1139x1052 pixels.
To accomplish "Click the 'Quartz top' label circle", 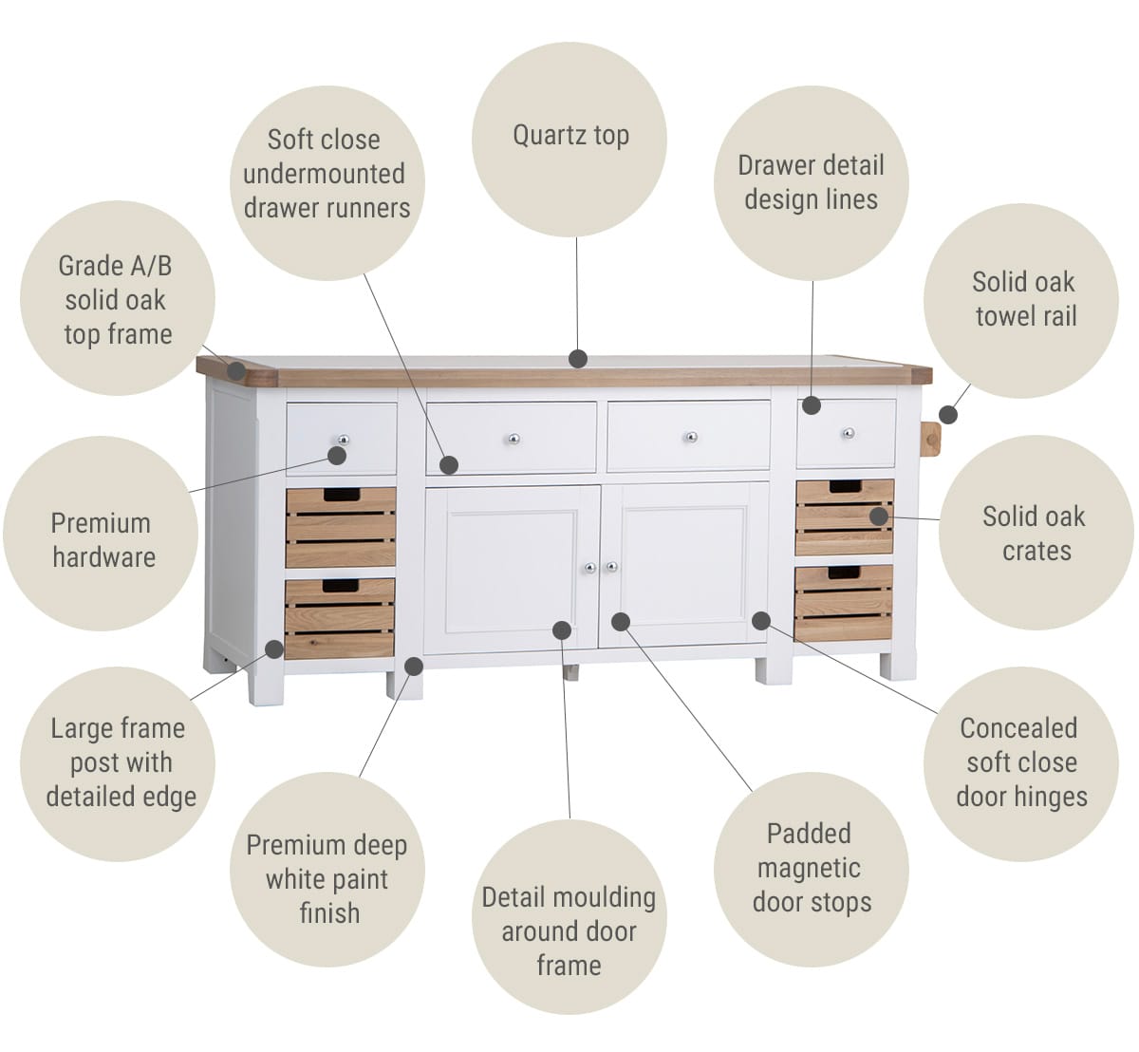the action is pos(569,140).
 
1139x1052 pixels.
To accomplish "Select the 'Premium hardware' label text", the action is pos(103,540).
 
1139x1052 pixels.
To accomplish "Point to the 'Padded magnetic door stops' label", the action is pos(811,869).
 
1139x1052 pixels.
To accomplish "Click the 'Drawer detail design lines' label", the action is pos(811,183).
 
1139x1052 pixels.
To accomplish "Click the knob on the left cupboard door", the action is pos(590,568).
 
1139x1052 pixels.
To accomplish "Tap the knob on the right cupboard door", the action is pos(612,567).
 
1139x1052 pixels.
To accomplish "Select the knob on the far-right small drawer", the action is pos(849,433).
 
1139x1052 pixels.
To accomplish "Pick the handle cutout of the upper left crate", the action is pos(343,495).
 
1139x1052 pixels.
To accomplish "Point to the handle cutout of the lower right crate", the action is pos(844,573).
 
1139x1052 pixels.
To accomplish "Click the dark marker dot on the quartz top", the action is pos(578,359).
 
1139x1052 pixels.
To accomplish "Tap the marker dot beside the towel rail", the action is pos(948,414).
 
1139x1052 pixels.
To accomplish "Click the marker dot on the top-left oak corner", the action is pos(235,370).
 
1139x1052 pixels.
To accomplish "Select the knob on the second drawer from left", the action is pos(513,439).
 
